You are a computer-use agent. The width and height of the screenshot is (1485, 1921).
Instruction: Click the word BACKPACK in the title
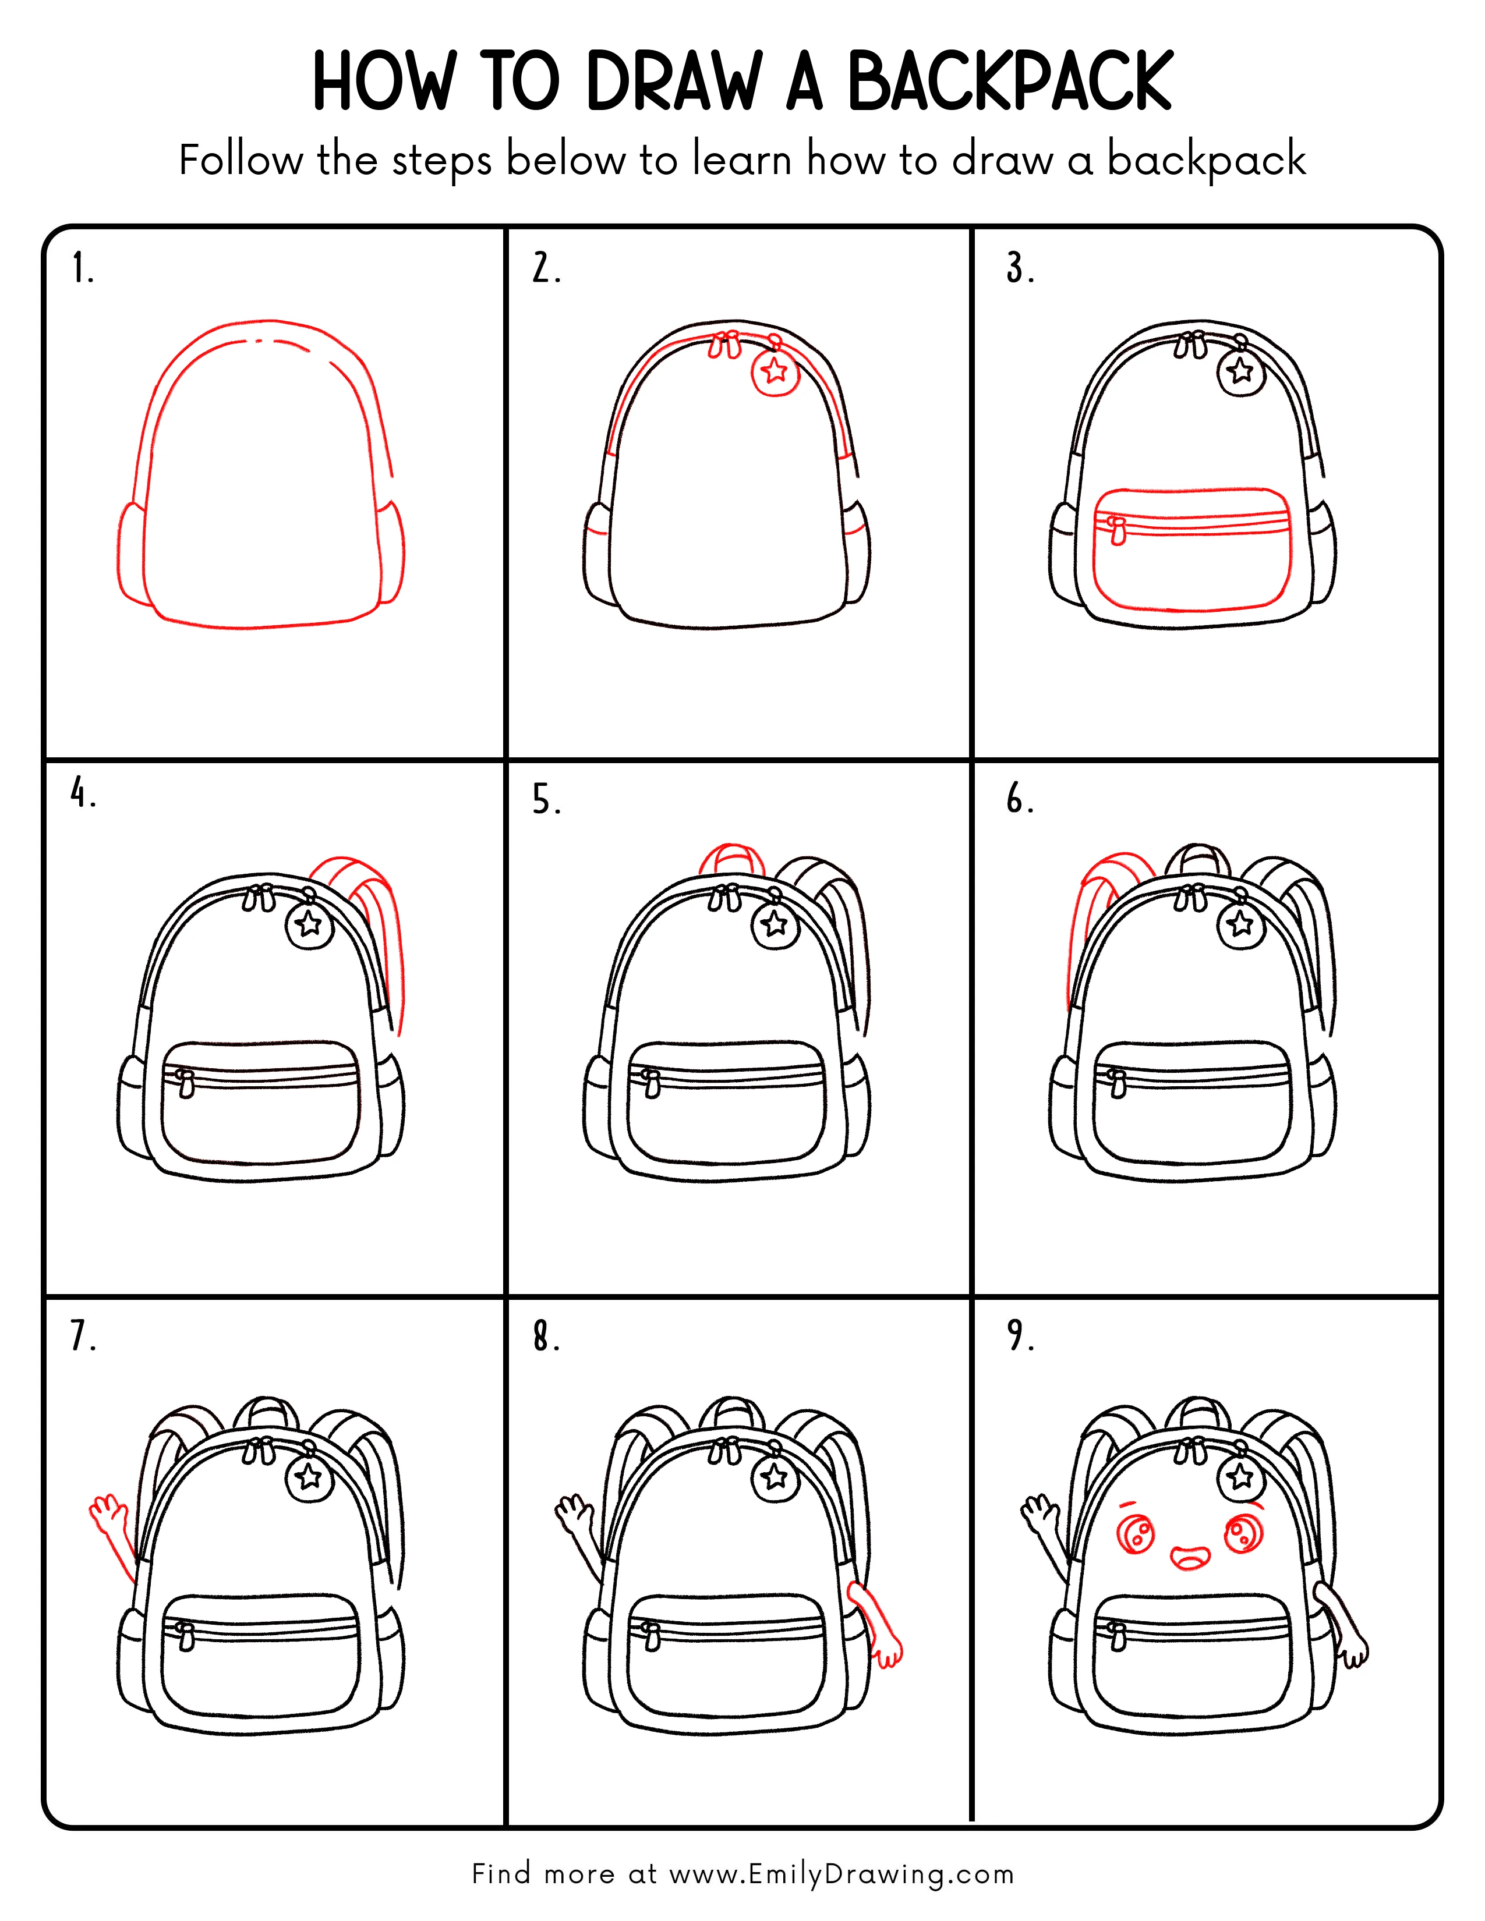coord(1009,82)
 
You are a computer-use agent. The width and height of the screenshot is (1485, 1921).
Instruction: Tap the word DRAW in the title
coord(673,82)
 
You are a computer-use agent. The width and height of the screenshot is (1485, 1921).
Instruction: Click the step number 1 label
coord(82,268)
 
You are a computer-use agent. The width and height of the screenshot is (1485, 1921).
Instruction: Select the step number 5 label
coord(546,800)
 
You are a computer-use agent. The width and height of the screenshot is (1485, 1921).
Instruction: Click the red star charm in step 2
coord(774,371)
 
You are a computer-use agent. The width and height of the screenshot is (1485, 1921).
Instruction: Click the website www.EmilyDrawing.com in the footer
coord(840,1874)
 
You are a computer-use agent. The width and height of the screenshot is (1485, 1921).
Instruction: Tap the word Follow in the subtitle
coord(240,161)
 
